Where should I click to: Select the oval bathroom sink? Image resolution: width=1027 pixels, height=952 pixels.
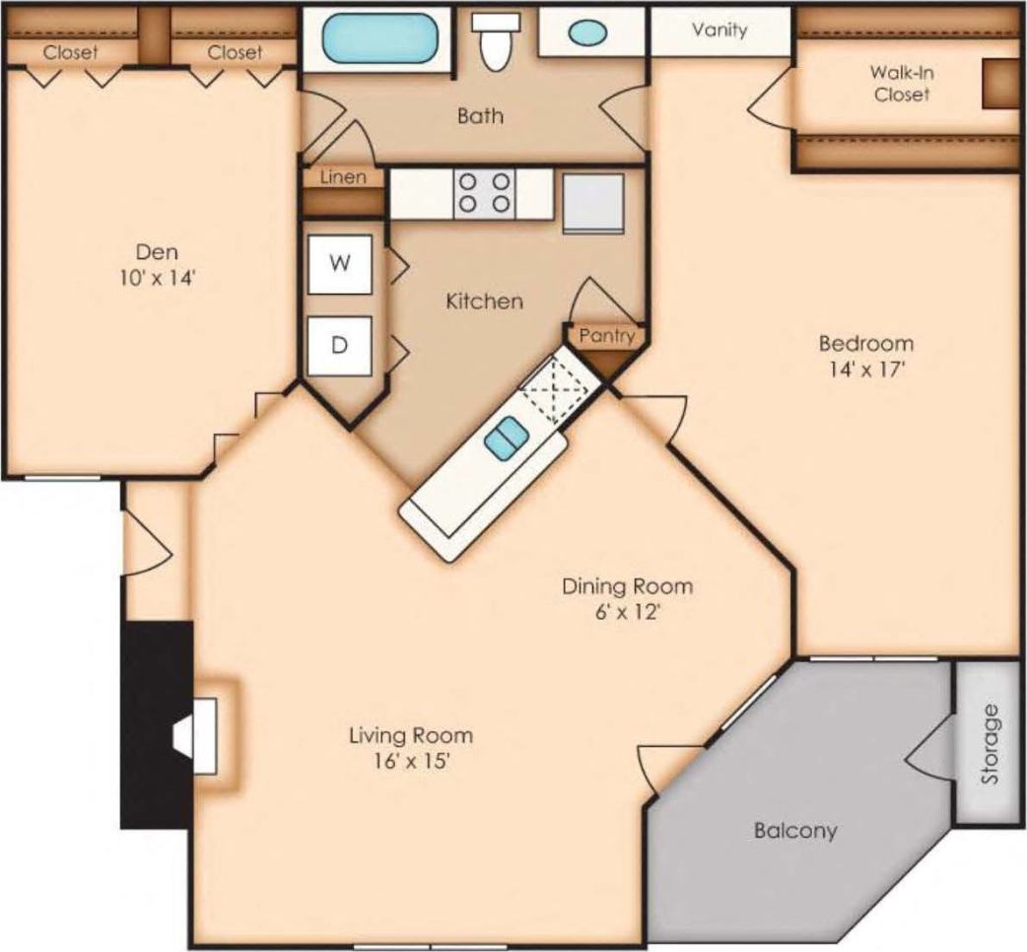tap(588, 33)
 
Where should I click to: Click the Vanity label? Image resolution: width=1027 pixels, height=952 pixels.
tap(719, 30)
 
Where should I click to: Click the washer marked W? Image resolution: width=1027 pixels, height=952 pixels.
tap(339, 264)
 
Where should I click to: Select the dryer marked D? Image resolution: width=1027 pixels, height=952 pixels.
tap(339, 346)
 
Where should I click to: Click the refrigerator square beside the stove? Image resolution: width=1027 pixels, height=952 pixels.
tap(593, 203)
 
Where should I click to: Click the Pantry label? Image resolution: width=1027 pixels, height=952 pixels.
tap(605, 335)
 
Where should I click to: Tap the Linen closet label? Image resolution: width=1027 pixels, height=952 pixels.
tap(342, 177)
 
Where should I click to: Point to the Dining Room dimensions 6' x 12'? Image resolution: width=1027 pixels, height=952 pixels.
tap(627, 612)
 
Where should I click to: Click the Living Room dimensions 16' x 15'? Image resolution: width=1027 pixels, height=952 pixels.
tap(410, 761)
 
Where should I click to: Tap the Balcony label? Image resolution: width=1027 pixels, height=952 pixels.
tap(794, 830)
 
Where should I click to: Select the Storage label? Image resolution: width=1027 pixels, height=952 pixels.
tap(989, 744)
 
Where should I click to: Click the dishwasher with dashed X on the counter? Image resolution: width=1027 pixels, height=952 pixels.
tap(555, 388)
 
